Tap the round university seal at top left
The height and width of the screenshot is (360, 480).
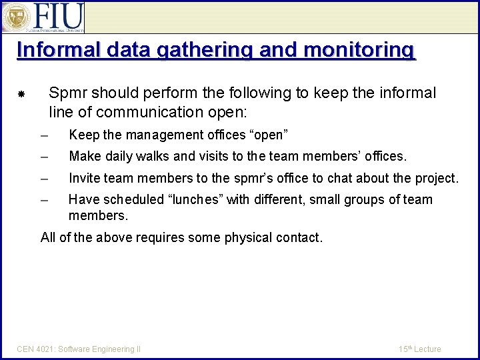pyautogui.click(x=15, y=17)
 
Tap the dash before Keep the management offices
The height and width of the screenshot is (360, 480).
pyautogui.click(x=44, y=136)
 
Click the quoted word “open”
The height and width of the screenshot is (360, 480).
pyautogui.click(x=269, y=135)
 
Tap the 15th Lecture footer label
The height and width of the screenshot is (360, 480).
pyautogui.click(x=420, y=349)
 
